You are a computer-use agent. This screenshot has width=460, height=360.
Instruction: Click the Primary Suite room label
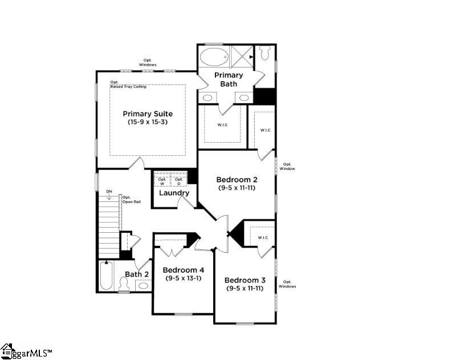tap(147, 114)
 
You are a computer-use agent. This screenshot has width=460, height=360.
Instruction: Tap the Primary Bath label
tap(228, 79)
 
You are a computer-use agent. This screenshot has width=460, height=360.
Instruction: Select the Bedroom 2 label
tap(237, 179)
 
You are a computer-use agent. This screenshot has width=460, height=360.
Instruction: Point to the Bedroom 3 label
tap(245, 280)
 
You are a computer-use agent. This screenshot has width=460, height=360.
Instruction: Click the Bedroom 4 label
tap(183, 270)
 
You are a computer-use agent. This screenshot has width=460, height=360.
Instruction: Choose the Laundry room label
tap(174, 193)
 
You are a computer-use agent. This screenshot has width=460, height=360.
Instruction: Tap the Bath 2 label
tap(137, 274)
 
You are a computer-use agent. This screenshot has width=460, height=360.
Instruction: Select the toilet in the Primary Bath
tap(264, 54)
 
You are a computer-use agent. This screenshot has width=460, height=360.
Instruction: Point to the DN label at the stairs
tap(108, 191)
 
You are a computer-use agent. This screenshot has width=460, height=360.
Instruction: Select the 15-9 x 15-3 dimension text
tap(147, 122)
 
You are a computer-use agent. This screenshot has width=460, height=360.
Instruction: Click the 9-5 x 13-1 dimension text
tap(183, 278)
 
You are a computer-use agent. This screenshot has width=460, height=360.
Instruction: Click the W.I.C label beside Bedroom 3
tap(262, 237)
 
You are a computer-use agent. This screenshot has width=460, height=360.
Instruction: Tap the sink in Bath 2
tap(143, 285)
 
